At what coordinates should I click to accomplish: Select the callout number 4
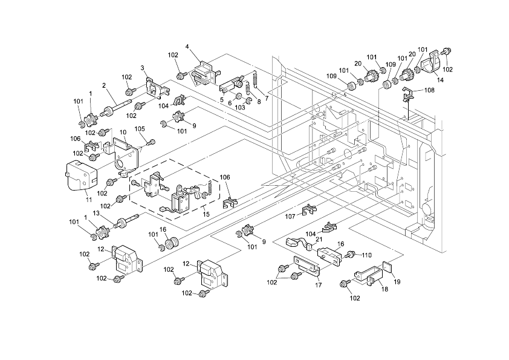coord(188,46)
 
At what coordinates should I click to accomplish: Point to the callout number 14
coord(439,79)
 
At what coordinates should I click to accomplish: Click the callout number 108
coord(430,90)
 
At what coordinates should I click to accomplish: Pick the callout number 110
coord(366,255)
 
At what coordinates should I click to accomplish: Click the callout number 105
coord(140,128)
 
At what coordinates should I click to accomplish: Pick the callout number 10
coord(122,132)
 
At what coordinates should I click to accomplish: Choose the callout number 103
coord(240,107)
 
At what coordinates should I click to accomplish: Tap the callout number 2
coord(104,85)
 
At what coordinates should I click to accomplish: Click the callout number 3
coord(143,67)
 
